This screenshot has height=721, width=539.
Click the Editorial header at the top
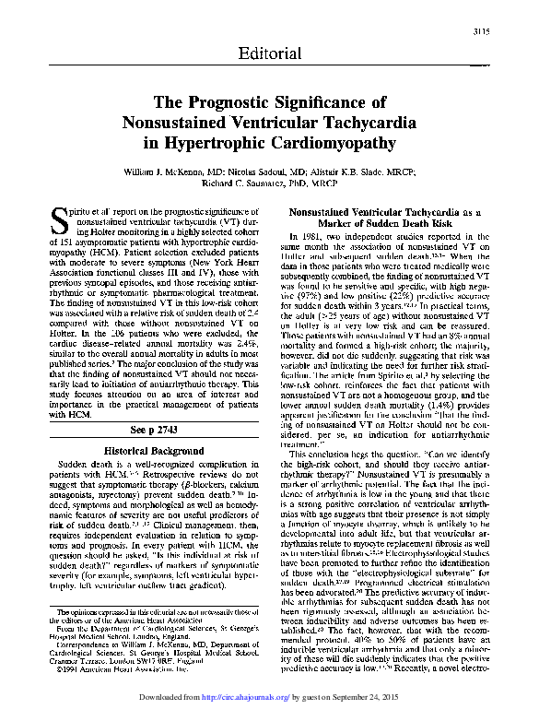(x=269, y=53)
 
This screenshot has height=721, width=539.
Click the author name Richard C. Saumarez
(x=241, y=183)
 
